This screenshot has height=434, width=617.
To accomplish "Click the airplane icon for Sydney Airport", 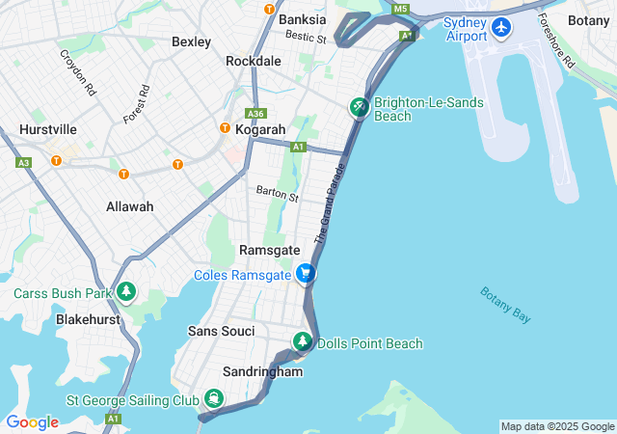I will (500, 27).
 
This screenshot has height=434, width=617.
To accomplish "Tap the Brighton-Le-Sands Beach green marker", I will (359, 108).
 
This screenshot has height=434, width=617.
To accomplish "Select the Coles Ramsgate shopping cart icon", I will (306, 274).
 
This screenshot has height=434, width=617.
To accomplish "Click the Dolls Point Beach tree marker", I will (303, 342).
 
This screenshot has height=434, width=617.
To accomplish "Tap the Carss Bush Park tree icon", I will (126, 291).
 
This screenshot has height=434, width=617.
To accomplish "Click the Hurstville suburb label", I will (47, 129).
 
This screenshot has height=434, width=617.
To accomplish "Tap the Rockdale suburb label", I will (253, 61).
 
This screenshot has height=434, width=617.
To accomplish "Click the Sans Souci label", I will (222, 331).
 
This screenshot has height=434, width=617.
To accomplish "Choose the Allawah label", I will (129, 206).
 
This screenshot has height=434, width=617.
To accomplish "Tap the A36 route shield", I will (255, 112).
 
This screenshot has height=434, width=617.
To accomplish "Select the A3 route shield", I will (23, 162).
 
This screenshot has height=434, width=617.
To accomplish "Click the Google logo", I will (32, 421).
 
